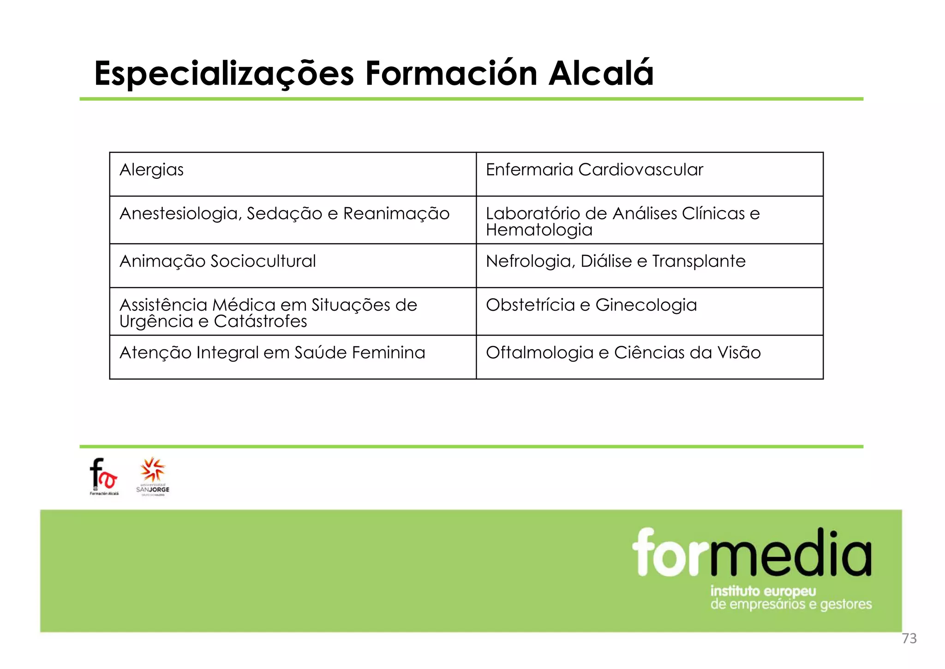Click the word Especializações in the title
click(x=224, y=74)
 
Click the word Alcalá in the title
click(x=601, y=74)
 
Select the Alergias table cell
click(x=293, y=174)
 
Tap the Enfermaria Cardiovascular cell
click(x=649, y=174)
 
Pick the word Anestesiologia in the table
click(x=180, y=214)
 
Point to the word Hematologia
click(x=539, y=230)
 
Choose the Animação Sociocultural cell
click(x=293, y=265)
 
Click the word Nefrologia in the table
click(x=530, y=261)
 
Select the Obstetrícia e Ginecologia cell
click(x=649, y=311)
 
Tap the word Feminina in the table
click(x=388, y=353)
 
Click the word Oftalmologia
click(x=539, y=353)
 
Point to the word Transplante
click(x=699, y=261)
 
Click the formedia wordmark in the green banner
click(x=752, y=553)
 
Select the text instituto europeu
click(x=763, y=591)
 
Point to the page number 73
click(x=909, y=639)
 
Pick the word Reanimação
click(x=396, y=214)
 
